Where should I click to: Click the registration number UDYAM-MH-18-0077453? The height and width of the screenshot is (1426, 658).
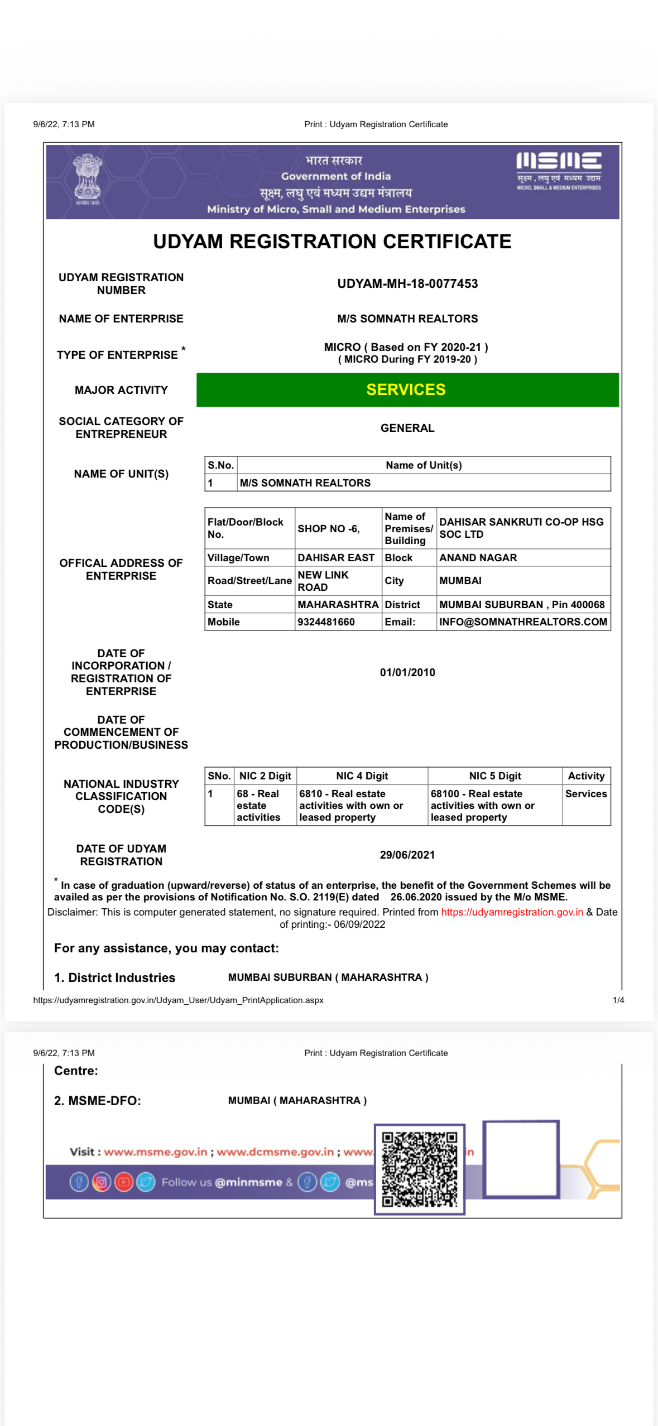tap(407, 283)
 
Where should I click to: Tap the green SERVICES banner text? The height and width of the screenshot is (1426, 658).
tap(406, 389)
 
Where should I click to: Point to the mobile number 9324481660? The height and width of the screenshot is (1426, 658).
tap(326, 622)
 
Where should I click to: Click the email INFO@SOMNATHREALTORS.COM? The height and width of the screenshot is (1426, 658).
tap(523, 622)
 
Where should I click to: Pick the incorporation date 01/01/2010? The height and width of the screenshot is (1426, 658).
tap(407, 672)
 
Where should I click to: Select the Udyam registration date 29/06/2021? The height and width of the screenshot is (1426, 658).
tap(407, 855)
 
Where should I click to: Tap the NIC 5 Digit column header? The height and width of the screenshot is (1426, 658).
tap(495, 775)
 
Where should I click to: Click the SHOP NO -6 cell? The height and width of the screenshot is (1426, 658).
tap(329, 528)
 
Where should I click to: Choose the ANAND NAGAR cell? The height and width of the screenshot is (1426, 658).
tap(478, 557)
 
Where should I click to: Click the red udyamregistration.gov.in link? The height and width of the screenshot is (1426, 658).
tap(512, 912)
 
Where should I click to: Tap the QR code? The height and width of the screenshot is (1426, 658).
tap(419, 1169)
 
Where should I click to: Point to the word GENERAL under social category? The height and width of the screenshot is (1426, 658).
tap(407, 428)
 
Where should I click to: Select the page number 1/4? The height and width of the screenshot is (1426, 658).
tap(618, 1000)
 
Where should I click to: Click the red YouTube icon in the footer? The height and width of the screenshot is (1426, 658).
tap(124, 1182)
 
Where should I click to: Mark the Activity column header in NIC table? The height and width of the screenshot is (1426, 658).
tap(586, 775)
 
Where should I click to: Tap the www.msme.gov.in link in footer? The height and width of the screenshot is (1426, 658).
tap(155, 1152)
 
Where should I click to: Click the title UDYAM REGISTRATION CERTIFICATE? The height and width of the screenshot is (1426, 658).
tap(332, 242)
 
